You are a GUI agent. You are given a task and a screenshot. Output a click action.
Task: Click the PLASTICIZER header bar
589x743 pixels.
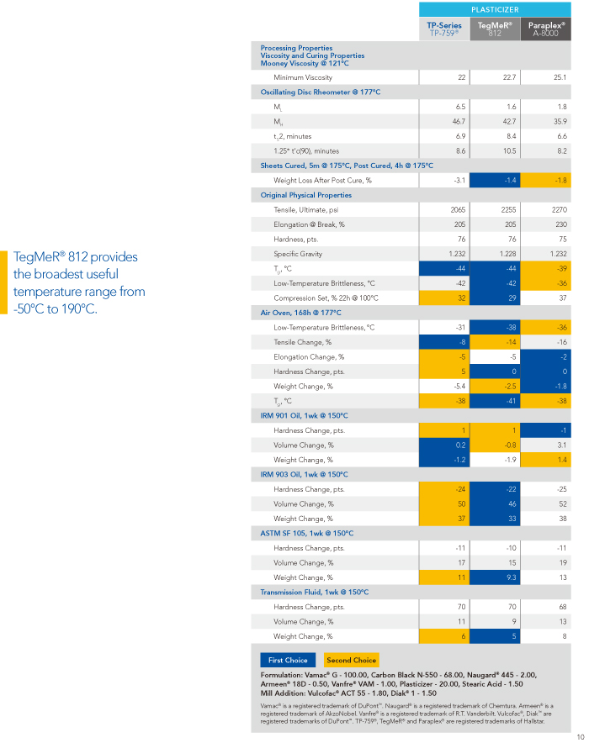click(x=495, y=9)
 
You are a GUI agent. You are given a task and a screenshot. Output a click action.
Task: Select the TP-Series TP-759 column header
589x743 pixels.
click(x=444, y=29)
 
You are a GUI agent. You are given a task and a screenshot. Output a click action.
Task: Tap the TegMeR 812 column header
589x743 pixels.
click(x=495, y=29)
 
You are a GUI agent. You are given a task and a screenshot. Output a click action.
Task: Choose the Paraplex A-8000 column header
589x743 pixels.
click(x=546, y=29)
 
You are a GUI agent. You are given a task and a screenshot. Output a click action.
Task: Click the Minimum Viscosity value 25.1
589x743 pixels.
click(x=560, y=77)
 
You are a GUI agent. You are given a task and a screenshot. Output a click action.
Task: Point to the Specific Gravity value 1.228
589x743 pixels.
click(x=507, y=254)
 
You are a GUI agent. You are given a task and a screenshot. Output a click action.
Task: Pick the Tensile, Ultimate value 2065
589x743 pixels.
click(x=458, y=210)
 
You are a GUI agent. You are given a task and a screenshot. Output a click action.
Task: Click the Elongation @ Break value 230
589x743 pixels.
click(x=561, y=224)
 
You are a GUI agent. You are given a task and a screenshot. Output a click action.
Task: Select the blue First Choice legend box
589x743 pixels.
click(x=288, y=660)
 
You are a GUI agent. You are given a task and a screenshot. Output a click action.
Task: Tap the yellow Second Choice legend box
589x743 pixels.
click(x=351, y=660)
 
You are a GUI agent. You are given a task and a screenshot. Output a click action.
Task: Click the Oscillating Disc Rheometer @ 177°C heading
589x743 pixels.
click(x=320, y=92)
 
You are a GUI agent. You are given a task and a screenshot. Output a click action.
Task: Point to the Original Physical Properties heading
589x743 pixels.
click(x=306, y=195)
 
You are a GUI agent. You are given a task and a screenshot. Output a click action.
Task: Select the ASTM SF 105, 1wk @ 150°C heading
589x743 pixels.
click(x=307, y=534)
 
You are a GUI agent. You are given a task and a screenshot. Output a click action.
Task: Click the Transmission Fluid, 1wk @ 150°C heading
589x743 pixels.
click(x=315, y=593)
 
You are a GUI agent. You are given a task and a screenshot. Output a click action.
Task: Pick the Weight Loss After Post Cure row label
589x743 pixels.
click(x=322, y=181)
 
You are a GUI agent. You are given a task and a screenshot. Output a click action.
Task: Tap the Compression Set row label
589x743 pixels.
click(x=326, y=298)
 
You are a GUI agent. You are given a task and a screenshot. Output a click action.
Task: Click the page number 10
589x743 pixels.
click(x=581, y=737)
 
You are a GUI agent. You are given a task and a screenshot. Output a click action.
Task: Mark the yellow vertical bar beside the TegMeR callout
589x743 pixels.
click(x=4, y=282)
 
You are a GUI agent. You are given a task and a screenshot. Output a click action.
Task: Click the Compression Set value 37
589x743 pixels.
click(x=562, y=298)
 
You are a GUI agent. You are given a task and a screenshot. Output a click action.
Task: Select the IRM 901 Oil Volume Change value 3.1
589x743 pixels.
click(x=561, y=445)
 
